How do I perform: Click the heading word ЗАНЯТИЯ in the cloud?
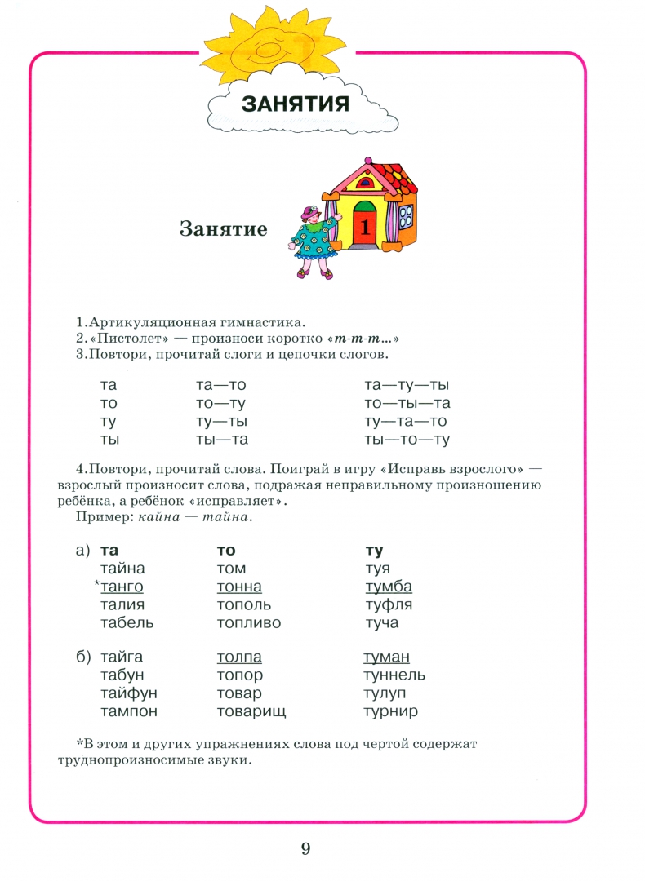pyautogui.click(x=296, y=104)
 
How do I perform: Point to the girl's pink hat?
pyautogui.click(x=311, y=213)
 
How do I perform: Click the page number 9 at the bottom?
pyautogui.click(x=305, y=849)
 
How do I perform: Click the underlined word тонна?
pyautogui.click(x=239, y=587)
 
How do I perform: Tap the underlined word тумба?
pyautogui.click(x=389, y=587)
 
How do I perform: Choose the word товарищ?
pyautogui.click(x=251, y=711)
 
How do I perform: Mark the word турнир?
pyautogui.click(x=390, y=711)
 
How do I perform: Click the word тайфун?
pyautogui.click(x=128, y=693)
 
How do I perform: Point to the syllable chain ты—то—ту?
pyautogui.click(x=407, y=440)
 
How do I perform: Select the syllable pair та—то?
pyautogui.click(x=221, y=385)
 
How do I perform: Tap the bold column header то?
pyautogui.click(x=225, y=551)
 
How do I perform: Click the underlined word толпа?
pyautogui.click(x=239, y=657)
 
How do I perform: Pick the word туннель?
pyautogui.click(x=394, y=675)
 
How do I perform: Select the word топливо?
pyautogui.click(x=249, y=623)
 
